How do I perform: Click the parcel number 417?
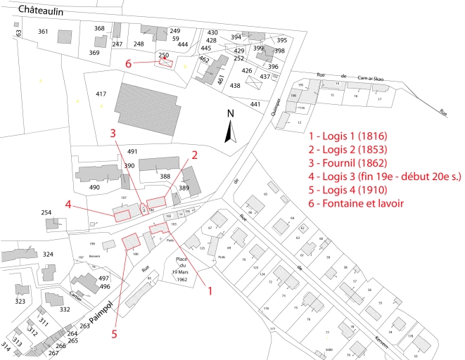click(101, 94)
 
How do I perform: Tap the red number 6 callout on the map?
click(129, 64)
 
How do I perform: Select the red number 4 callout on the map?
click(68, 205)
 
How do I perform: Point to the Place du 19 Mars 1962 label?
click(166, 269)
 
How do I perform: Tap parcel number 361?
click(43, 32)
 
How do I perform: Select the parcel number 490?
click(94, 187)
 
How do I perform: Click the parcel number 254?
click(46, 212)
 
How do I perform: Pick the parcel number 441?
click(255, 104)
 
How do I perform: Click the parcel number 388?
click(165, 176)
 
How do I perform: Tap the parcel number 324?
click(48, 254)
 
